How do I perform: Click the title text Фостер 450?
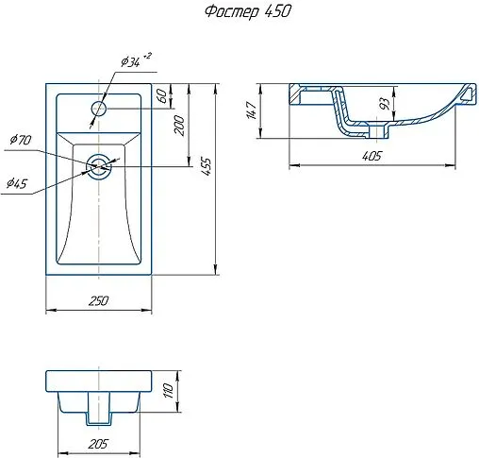[247, 12]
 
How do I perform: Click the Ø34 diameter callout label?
[130, 62]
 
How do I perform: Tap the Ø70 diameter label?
[21, 139]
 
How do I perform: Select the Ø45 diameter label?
[17, 183]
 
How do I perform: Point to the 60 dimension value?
[161, 95]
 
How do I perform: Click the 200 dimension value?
[179, 126]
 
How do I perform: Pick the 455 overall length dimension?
[206, 166]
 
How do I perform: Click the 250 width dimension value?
[98, 301]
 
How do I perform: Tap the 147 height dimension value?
[252, 110]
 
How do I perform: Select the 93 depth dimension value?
[385, 104]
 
